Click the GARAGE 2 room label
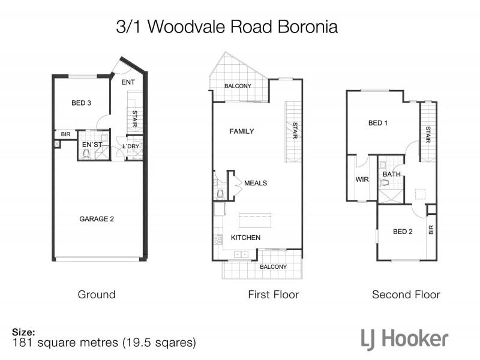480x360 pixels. coord(97,219)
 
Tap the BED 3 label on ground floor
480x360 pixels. coord(81,103)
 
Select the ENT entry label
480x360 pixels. coord(128,82)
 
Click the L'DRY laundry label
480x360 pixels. coord(131,146)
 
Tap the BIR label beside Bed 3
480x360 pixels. coord(65,134)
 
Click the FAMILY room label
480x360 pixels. coord(242,131)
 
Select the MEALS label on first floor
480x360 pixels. coord(256,183)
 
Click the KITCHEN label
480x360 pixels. coord(246,238)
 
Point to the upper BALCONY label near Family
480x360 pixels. coord(238,86)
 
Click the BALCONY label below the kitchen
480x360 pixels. coord(273,266)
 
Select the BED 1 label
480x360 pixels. coord(378,123)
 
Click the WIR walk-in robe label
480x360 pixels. coord(362,178)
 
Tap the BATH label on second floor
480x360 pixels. coord(391,175)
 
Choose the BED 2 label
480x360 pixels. coord(403,231)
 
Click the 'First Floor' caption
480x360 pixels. coord(273,295)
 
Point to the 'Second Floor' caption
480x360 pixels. coord(406,295)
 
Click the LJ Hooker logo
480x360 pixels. coord(404,338)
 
